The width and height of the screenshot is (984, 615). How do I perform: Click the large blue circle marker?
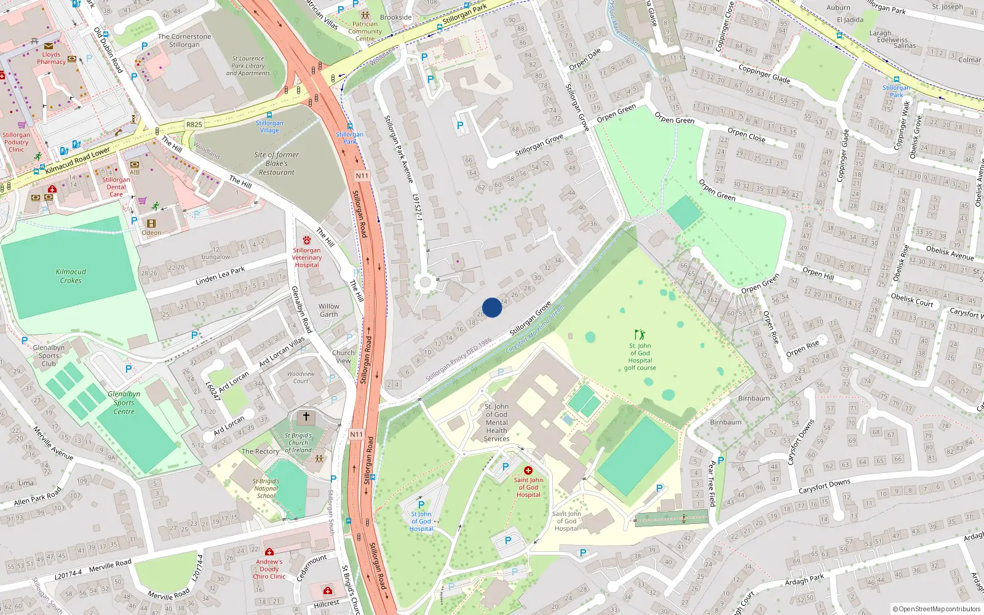(492, 307)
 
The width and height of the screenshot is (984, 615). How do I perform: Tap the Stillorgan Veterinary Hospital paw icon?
(307, 240)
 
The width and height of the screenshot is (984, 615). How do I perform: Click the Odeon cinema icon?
(151, 224)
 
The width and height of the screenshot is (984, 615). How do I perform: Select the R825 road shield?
(194, 124)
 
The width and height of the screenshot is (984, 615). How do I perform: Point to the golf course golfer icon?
(640, 335)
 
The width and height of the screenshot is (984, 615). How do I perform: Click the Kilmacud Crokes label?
(71, 276)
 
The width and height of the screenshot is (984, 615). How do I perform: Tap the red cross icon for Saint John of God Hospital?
(528, 470)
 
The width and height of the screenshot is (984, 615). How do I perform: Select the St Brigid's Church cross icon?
(306, 417)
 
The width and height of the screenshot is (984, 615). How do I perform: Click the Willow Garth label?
(329, 310)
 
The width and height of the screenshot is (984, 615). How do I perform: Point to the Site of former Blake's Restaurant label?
(277, 164)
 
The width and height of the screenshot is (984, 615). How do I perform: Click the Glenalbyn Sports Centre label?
(124, 403)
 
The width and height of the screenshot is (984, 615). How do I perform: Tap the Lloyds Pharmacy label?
(51, 58)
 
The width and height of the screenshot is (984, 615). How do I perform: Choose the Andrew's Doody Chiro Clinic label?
(269, 569)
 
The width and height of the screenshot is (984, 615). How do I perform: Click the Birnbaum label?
(754, 399)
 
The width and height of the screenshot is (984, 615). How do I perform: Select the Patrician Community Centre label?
(365, 31)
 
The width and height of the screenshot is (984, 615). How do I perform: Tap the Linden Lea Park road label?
(220, 276)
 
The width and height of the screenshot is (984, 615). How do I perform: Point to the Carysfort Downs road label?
(824, 486)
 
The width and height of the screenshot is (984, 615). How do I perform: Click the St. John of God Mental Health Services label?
(496, 423)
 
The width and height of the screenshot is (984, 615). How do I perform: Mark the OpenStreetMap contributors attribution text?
(937, 609)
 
